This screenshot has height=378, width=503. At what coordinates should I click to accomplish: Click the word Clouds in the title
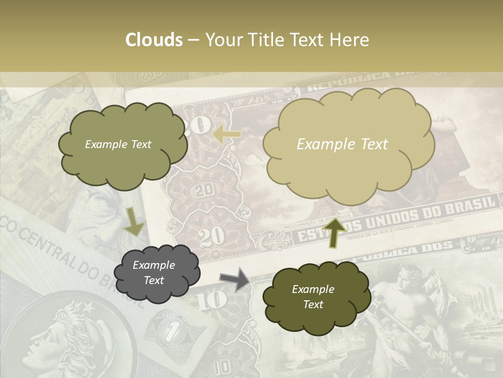pos(154,40)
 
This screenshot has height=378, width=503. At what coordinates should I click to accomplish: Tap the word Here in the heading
pos(350,40)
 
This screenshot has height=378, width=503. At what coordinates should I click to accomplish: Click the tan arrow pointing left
pos(227,135)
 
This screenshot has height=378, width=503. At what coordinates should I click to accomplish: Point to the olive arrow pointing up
pos(334,232)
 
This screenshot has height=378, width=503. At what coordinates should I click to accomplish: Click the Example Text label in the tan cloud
pos(342,144)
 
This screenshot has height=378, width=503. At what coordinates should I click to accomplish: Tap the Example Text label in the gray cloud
pos(154,273)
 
